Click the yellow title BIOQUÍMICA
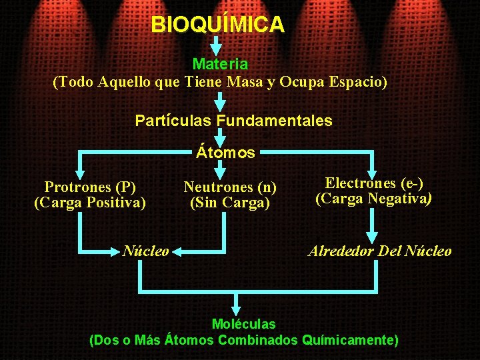click(218, 25)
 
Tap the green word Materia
click(220, 65)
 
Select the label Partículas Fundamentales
click(233, 121)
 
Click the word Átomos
click(225, 153)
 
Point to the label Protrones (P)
click(90, 187)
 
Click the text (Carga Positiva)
click(90, 202)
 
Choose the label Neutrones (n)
click(230, 187)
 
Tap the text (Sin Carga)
click(230, 203)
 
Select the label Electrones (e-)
click(374, 183)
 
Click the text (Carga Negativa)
click(374, 199)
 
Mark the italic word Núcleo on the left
click(145, 251)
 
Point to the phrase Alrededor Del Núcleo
click(379, 251)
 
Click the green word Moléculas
click(243, 325)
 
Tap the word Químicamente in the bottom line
click(350, 340)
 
